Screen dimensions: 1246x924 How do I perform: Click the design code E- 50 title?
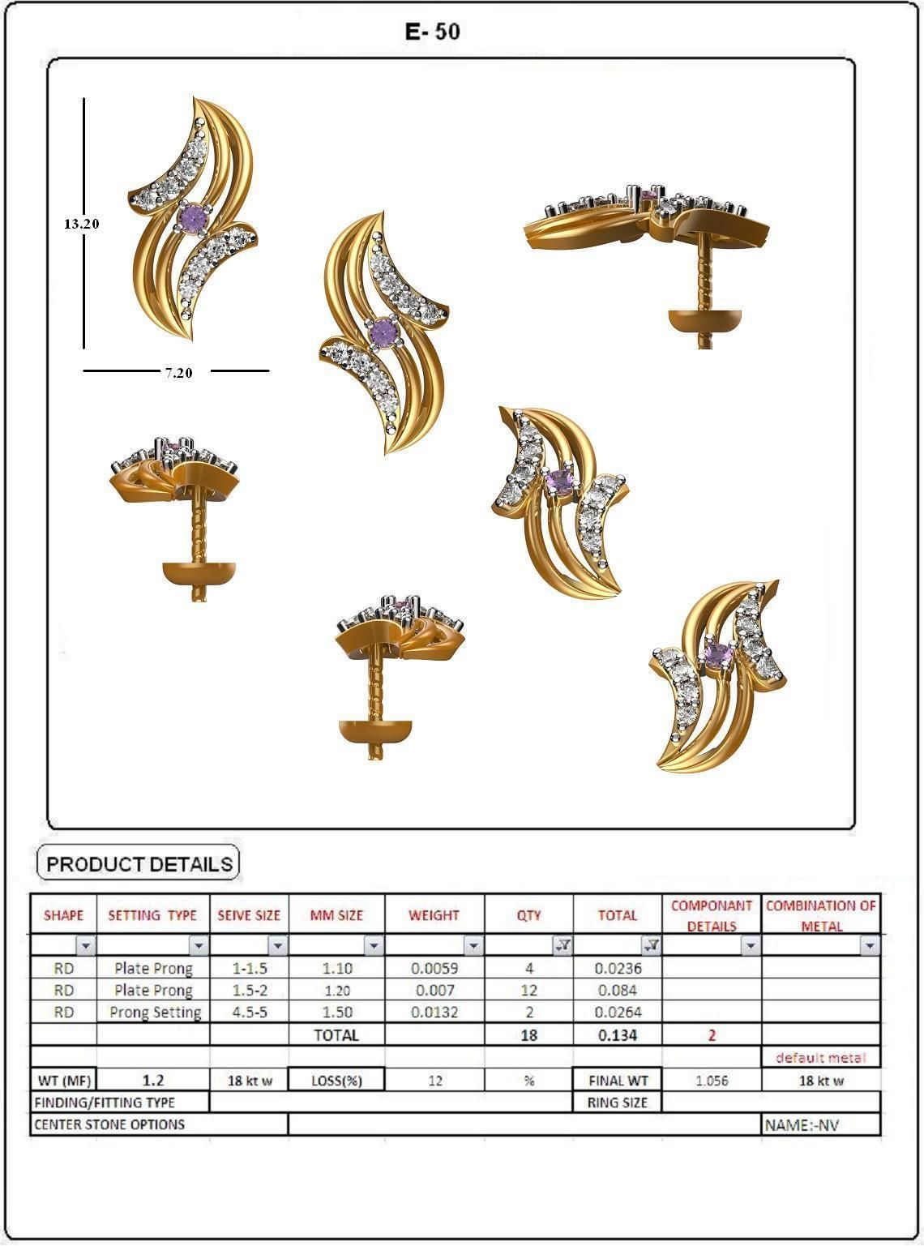pos(433,32)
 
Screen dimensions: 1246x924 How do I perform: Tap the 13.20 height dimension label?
pos(81,224)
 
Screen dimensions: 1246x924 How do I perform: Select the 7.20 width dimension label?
pos(178,373)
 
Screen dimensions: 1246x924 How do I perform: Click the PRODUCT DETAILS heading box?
pos(139,864)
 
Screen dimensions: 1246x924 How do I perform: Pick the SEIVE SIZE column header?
pos(249,915)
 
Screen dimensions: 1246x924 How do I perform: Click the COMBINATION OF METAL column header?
pos(820,915)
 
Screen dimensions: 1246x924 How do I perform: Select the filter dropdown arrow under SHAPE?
pos(85,945)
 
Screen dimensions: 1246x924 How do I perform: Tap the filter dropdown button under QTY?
pos(562,945)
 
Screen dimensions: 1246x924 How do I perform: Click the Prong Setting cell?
pos(155,1012)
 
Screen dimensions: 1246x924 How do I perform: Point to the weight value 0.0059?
pos(434,968)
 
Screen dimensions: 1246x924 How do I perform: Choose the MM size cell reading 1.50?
pos(336,1012)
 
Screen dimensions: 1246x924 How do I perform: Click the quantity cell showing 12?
pos(528,990)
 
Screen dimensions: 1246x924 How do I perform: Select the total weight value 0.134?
pos(617,1035)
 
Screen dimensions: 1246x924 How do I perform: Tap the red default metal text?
pos(820,1057)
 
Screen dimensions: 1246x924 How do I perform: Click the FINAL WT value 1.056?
pos(711,1081)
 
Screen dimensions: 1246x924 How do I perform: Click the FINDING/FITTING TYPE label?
pos(105,1103)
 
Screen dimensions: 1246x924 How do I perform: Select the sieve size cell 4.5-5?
pos(249,1012)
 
